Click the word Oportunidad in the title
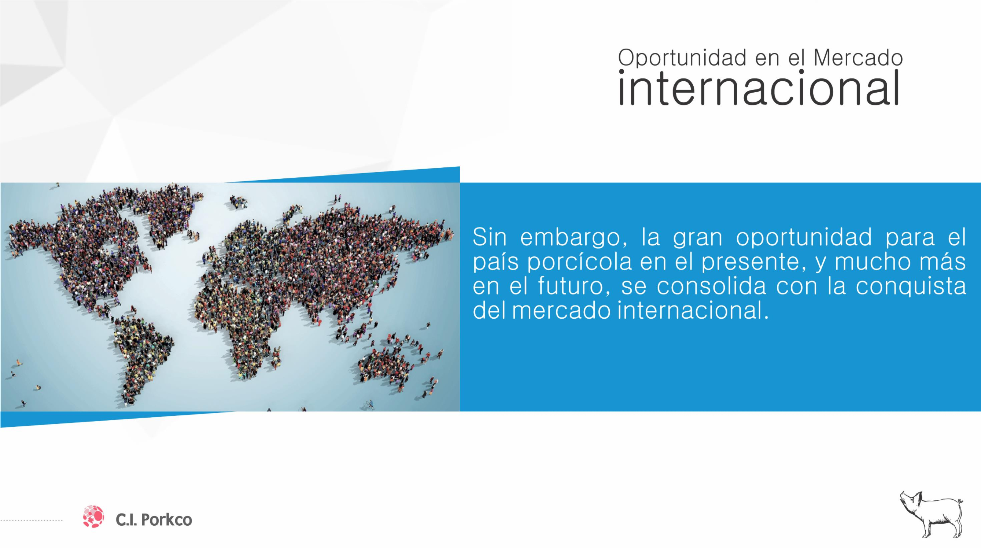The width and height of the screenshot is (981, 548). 682,58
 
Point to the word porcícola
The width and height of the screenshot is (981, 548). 579,263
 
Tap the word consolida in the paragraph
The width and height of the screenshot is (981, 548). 711,287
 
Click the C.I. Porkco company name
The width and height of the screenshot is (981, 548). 154,520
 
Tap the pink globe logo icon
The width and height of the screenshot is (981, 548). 93,517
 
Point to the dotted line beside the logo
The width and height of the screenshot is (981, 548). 32,520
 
